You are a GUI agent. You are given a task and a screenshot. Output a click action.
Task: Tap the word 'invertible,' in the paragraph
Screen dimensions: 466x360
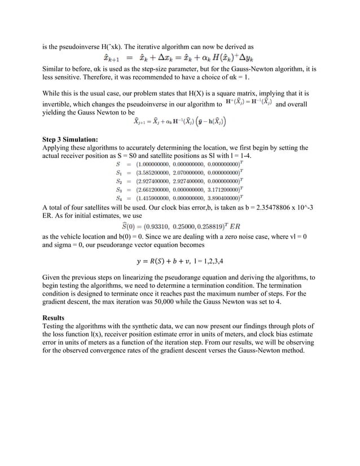click(59, 103)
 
